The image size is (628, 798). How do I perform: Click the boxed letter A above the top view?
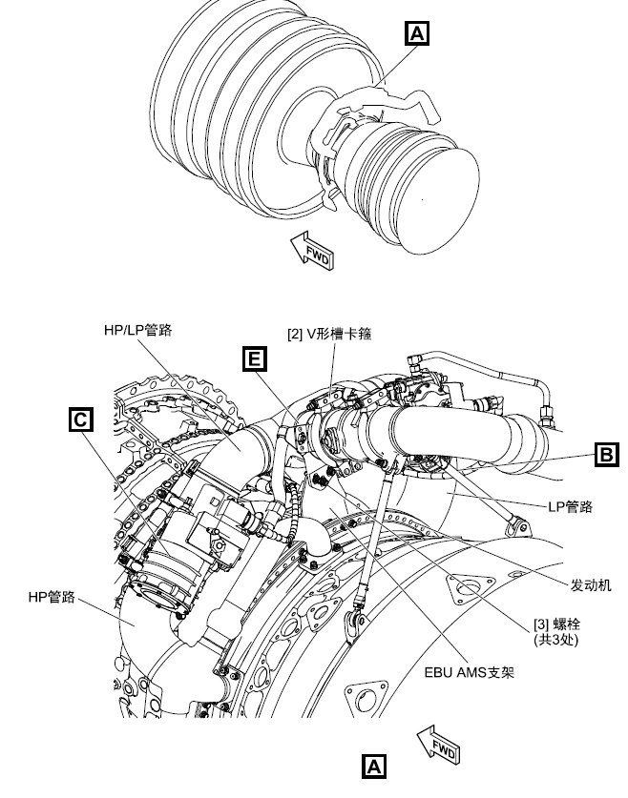pyautogui.click(x=417, y=34)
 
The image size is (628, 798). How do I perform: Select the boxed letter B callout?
pyautogui.click(x=606, y=455)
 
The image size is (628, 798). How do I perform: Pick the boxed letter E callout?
pyautogui.click(x=253, y=358)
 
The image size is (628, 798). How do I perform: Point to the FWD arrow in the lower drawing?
pyautogui.click(x=438, y=742)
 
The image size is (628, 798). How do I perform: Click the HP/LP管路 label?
pyautogui.click(x=144, y=331)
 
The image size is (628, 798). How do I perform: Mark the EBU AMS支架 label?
pyautogui.click(x=470, y=671)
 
